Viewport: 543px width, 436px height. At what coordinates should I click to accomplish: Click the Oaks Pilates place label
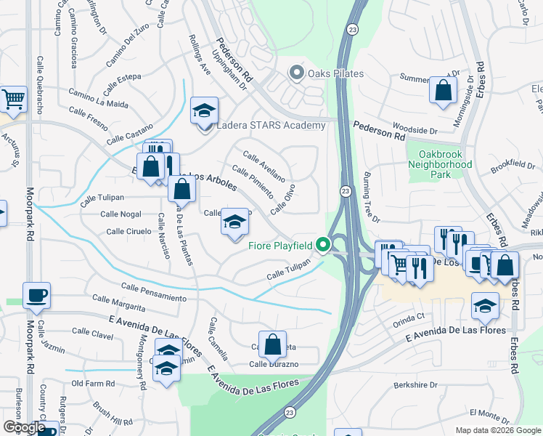(335, 73)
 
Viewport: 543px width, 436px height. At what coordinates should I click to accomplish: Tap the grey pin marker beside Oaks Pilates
(295, 73)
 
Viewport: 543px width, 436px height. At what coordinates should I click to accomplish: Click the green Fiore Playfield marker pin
(320, 246)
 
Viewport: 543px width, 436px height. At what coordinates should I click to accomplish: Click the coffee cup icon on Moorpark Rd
(36, 295)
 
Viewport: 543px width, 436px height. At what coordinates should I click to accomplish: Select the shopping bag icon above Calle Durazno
(272, 344)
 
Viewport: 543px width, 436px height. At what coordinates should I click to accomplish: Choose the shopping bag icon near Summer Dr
(442, 91)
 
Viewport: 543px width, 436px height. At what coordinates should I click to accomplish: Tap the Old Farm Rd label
(93, 383)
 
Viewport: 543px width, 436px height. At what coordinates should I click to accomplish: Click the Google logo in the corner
(23, 427)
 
